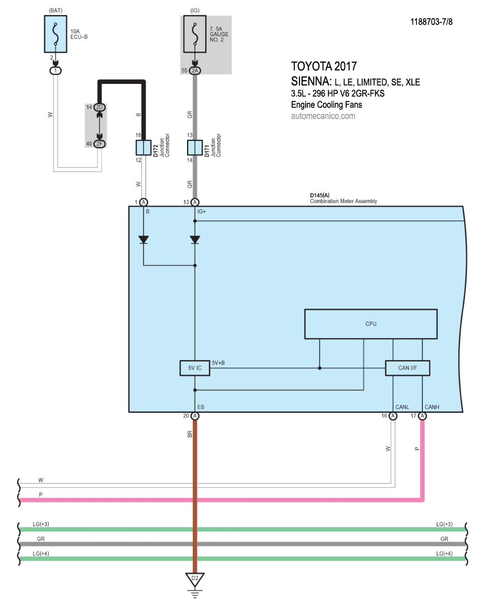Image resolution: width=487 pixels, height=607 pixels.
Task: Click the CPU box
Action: click(371, 324)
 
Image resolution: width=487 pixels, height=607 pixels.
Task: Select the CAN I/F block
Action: click(408, 368)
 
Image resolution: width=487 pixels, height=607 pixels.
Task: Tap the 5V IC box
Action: click(194, 368)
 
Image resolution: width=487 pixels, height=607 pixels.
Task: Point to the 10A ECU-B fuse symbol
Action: click(55, 34)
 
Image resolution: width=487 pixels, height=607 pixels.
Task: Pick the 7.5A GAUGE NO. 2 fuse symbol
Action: click(195, 34)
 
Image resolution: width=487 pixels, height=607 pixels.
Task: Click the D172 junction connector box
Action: click(143, 148)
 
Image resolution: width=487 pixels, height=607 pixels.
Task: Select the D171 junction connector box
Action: click(195, 148)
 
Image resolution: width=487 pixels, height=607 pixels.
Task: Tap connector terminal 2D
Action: click(99, 107)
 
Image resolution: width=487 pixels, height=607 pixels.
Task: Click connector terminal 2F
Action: click(99, 144)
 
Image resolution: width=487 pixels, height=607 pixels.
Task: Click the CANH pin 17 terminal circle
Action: click(423, 416)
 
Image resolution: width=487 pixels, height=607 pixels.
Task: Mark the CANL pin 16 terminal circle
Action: click(393, 416)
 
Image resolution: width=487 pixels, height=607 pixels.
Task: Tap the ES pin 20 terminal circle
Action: click(195, 416)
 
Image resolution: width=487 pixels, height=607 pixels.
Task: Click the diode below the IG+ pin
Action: click(195, 240)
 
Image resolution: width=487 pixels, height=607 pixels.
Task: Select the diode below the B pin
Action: click(144, 240)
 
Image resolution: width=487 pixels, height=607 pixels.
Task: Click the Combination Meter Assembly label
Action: click(343, 201)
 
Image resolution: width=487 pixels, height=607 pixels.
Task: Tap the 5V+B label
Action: click(218, 363)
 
